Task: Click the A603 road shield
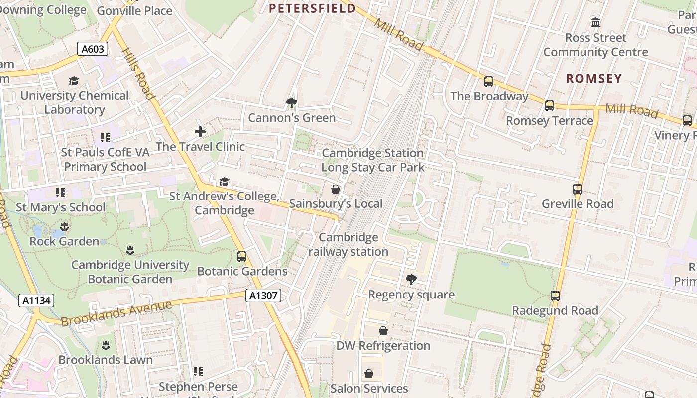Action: (93, 49)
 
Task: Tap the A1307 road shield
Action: (263, 296)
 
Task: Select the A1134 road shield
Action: (36, 300)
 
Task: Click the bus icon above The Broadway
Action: (489, 82)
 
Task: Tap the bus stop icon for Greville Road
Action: (578, 189)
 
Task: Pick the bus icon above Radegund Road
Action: (555, 296)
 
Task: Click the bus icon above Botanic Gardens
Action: (242, 257)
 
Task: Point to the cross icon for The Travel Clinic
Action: (200, 132)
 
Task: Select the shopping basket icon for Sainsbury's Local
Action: (336, 189)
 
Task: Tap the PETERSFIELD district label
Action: (313, 8)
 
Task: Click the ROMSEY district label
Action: (594, 78)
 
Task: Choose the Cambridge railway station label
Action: (348, 244)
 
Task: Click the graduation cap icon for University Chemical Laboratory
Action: (74, 81)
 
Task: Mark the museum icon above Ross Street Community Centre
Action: (595, 23)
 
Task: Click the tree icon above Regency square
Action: (411, 280)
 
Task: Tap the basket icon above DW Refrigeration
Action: (383, 331)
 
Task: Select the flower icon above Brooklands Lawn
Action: (106, 345)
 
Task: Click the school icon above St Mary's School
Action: (61, 193)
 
